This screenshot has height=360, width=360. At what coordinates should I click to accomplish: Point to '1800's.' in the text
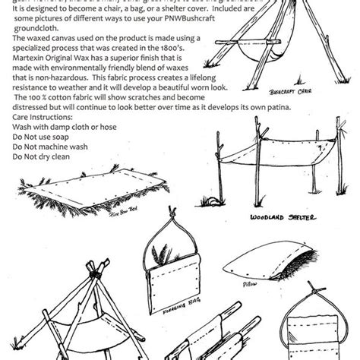pyautogui.click(x=195, y=59)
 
